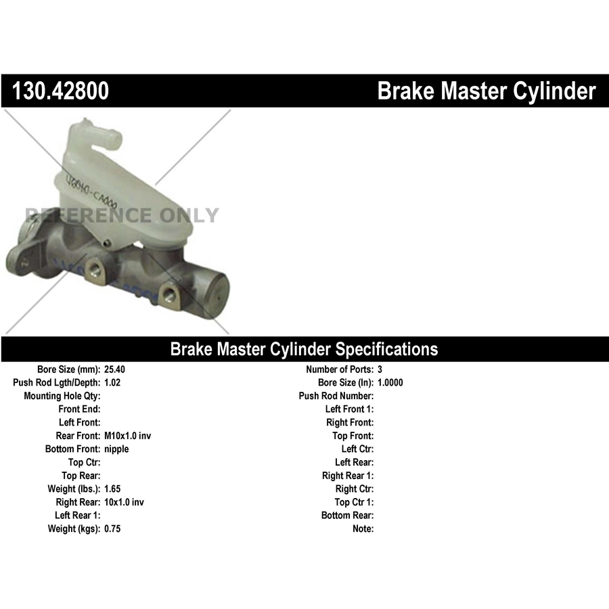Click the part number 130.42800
pos(60,91)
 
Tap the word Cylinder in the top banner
pos(554,91)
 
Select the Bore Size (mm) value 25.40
pos(114,369)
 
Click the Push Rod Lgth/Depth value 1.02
pos(112,382)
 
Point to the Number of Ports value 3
pos(380,369)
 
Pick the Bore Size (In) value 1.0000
pos(390,382)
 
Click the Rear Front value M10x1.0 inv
pos(127,436)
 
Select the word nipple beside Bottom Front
pos(116,449)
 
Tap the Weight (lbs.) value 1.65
pos(112,489)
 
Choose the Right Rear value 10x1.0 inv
pos(124,502)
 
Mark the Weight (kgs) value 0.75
pos(112,528)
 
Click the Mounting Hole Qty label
pos(62,396)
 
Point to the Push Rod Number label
pos(336,396)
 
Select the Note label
pos(363,528)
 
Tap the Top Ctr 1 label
pos(354,502)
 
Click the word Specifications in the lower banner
pos(386,349)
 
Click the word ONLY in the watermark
pos(189,215)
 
